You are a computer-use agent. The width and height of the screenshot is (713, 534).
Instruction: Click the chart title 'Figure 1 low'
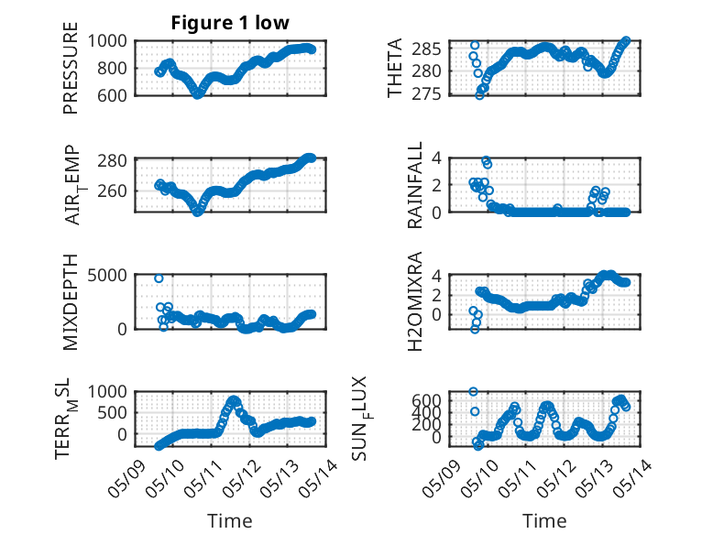click(x=230, y=23)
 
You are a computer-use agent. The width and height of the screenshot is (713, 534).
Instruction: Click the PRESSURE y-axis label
click(x=71, y=68)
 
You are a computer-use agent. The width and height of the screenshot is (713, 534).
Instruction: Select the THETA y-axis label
click(x=395, y=68)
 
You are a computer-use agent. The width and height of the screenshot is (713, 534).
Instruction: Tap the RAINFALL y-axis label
click(x=415, y=184)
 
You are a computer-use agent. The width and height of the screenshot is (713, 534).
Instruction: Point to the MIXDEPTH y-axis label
click(x=71, y=302)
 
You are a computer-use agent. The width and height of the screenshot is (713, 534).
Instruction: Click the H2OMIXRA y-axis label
click(x=415, y=301)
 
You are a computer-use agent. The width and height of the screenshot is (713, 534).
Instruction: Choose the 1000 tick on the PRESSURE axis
click(x=107, y=41)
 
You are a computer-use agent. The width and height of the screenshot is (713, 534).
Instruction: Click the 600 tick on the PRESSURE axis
click(x=113, y=95)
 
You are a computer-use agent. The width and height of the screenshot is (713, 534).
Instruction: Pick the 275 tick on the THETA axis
click(x=426, y=94)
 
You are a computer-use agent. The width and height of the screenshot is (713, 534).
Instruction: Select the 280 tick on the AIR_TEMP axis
click(x=113, y=161)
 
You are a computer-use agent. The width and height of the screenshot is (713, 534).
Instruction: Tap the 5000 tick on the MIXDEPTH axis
click(x=107, y=275)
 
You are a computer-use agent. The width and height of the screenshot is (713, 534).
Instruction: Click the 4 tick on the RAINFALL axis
click(x=436, y=158)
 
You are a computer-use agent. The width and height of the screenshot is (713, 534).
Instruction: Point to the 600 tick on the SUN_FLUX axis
click(x=426, y=400)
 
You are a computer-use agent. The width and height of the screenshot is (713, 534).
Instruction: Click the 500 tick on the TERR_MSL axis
click(x=113, y=413)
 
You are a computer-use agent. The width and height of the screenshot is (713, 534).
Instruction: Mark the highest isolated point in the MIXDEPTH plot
click(x=159, y=278)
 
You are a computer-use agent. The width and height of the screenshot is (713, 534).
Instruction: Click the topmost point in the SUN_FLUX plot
click(x=474, y=392)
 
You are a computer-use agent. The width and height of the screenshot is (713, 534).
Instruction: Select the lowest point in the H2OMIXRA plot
click(x=475, y=330)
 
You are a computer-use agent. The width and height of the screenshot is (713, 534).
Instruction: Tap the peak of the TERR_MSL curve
click(x=235, y=400)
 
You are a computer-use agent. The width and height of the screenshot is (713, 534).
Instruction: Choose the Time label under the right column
click(x=544, y=521)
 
